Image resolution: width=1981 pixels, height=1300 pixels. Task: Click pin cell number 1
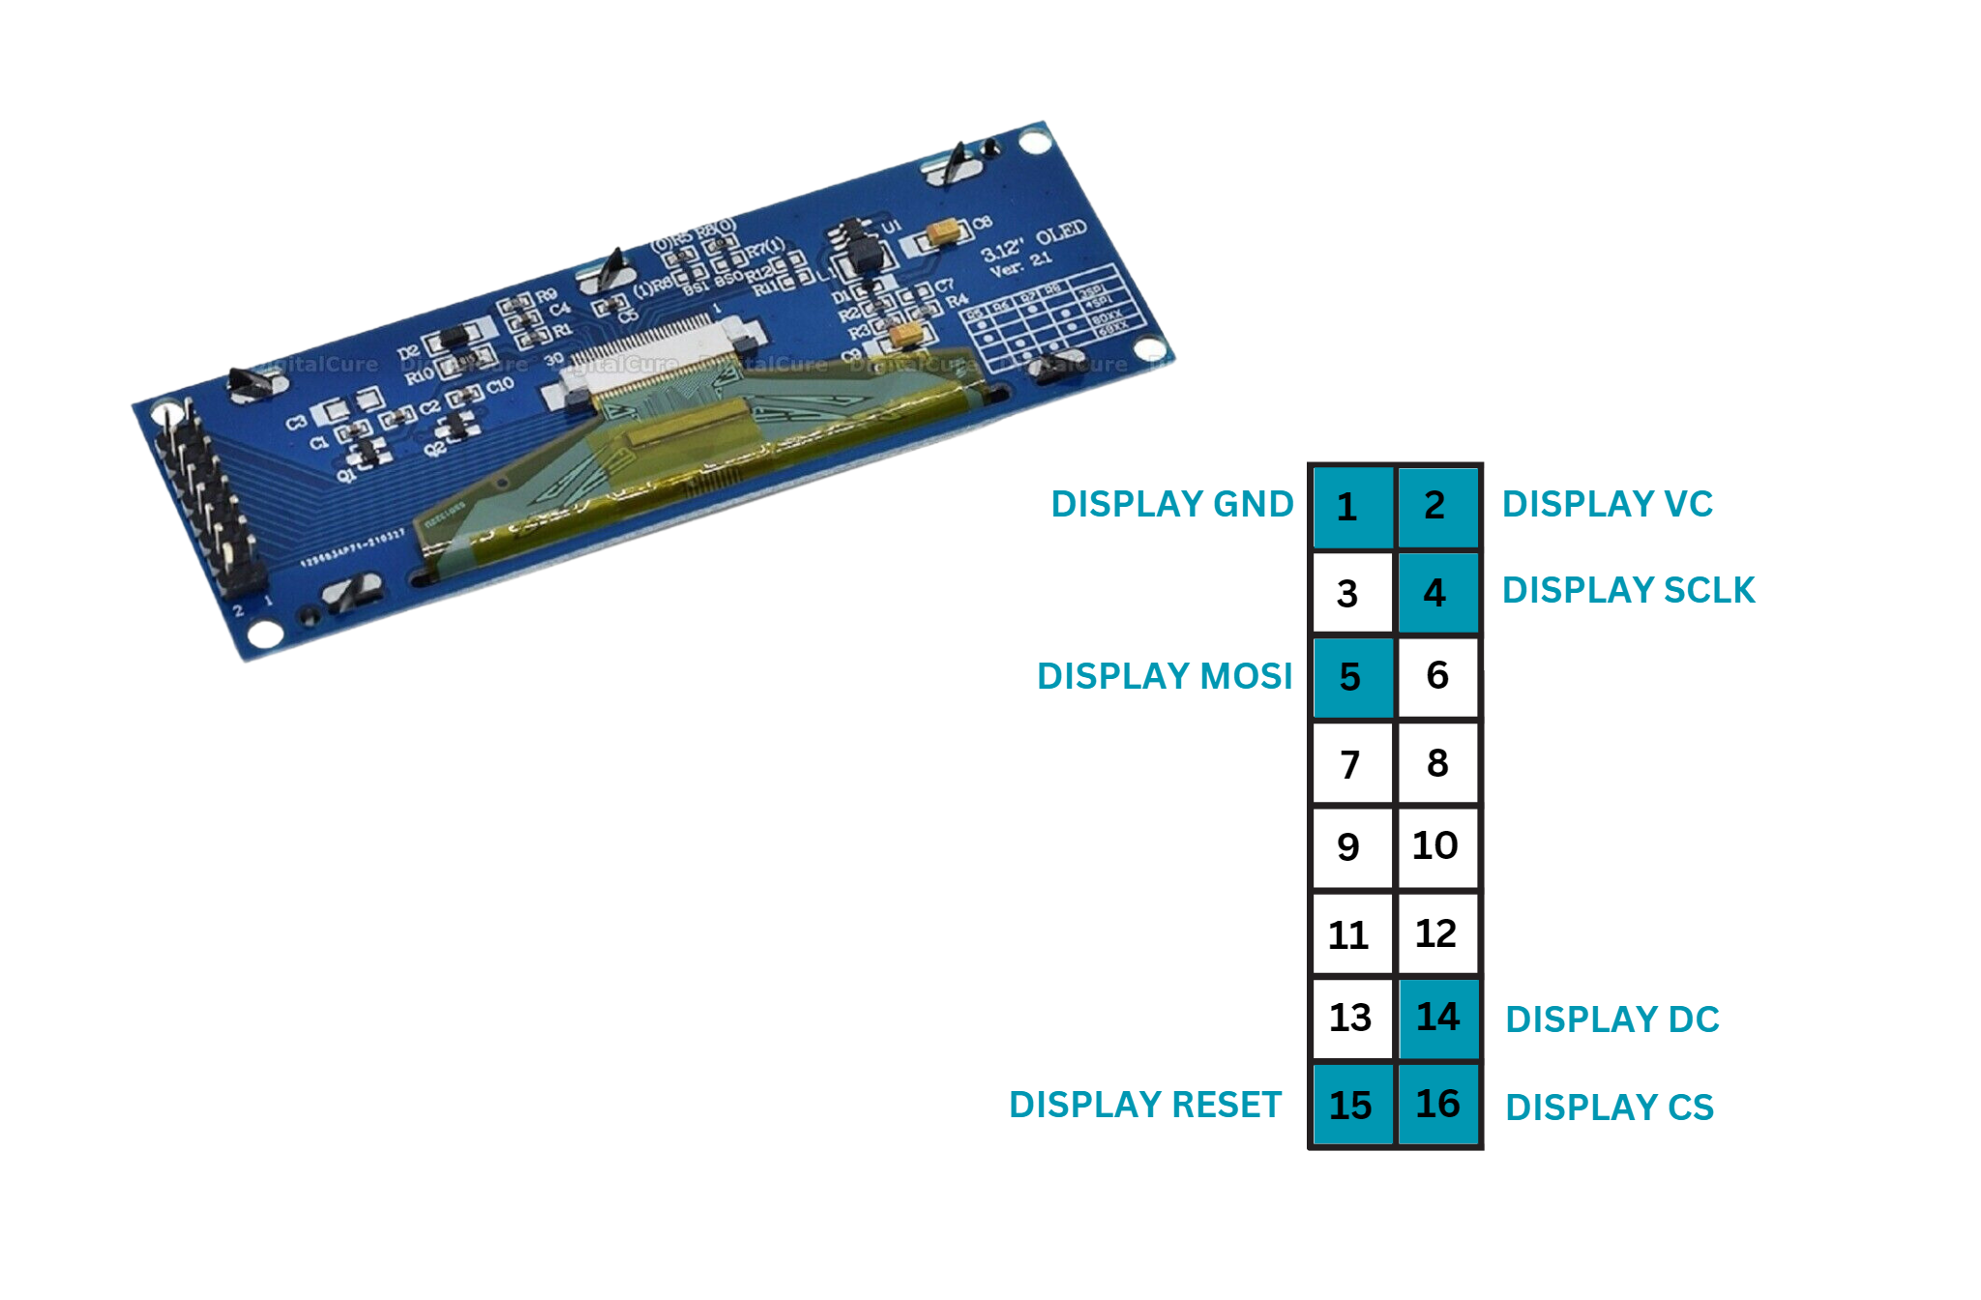point(1351,507)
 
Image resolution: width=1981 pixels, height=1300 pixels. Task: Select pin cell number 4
point(1437,592)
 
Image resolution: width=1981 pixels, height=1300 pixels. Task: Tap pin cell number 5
point(1351,677)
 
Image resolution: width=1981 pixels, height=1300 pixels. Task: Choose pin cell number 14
point(1437,1018)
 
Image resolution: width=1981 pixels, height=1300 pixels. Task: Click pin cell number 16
point(1437,1104)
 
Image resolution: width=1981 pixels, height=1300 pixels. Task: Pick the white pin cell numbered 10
point(1437,846)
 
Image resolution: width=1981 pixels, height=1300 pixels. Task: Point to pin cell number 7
point(1351,764)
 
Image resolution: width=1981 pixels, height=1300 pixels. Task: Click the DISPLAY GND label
point(1171,505)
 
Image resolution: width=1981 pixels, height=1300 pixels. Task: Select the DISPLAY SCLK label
point(1628,591)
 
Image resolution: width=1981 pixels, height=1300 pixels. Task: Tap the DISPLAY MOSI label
point(1164,677)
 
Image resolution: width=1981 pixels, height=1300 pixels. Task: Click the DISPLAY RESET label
point(1144,1105)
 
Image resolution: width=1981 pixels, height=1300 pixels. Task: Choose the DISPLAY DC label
point(1611,1020)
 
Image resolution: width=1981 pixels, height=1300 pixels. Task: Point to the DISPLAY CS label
point(1609,1108)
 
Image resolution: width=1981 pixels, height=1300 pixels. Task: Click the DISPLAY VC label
point(1607,505)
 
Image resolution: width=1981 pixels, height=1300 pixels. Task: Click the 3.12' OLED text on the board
point(1033,242)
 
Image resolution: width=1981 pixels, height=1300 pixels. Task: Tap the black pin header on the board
point(211,503)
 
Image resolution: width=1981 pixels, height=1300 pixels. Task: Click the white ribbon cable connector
point(658,363)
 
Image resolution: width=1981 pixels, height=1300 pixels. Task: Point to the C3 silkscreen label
point(296,423)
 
